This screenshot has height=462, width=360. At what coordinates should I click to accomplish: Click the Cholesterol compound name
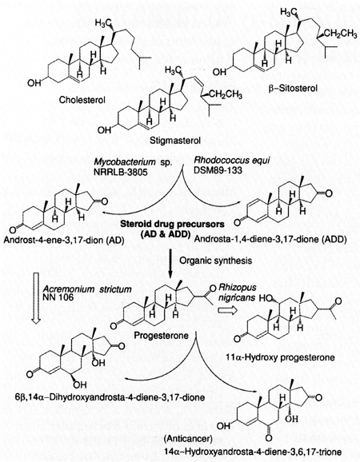click(x=82, y=100)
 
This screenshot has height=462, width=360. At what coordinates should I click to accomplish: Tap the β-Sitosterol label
click(x=293, y=88)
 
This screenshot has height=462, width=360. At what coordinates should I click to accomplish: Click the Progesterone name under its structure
click(x=161, y=335)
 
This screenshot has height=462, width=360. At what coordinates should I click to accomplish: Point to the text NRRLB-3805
click(x=120, y=172)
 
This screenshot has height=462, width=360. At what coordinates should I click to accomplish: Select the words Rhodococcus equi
click(x=232, y=161)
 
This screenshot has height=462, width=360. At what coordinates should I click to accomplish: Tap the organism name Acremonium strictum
click(x=87, y=289)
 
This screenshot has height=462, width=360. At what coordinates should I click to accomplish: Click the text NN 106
click(x=58, y=297)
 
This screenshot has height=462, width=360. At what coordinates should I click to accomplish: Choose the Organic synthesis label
click(x=216, y=261)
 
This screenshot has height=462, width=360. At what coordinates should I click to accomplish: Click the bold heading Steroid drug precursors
click(x=172, y=225)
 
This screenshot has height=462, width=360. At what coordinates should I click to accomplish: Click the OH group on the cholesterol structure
click(x=34, y=83)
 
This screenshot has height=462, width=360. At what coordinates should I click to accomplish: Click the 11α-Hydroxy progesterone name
click(x=280, y=357)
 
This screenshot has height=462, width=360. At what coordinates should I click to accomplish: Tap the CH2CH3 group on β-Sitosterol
click(x=342, y=34)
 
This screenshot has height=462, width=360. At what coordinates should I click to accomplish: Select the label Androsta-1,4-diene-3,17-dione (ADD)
click(x=270, y=239)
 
